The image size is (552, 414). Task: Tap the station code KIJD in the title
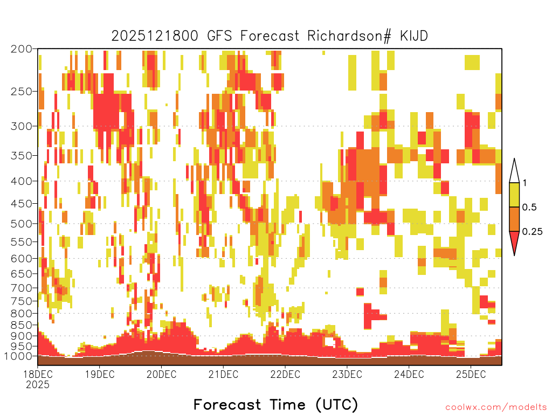pyautogui.click(x=413, y=36)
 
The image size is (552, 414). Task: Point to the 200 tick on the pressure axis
pyautogui.click(x=21, y=49)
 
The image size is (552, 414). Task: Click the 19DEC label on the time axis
pyautogui.click(x=100, y=374)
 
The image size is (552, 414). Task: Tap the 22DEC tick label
pyautogui.click(x=285, y=374)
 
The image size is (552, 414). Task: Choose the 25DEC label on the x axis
pyautogui.click(x=471, y=374)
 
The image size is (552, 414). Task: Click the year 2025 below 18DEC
pyautogui.click(x=38, y=384)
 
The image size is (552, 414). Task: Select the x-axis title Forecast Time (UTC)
pyautogui.click(x=275, y=404)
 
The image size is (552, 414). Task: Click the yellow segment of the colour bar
pyautogui.click(x=514, y=195)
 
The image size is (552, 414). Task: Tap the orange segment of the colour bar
pyautogui.click(x=514, y=219)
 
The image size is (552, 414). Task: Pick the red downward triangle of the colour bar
pyautogui.click(x=514, y=241)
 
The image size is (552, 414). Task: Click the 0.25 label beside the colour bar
pyautogui.click(x=532, y=232)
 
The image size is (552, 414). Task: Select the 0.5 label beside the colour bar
pyautogui.click(x=529, y=208)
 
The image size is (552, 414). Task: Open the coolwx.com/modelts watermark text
pyautogui.click(x=496, y=408)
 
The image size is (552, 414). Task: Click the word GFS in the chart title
pyautogui.click(x=220, y=36)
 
